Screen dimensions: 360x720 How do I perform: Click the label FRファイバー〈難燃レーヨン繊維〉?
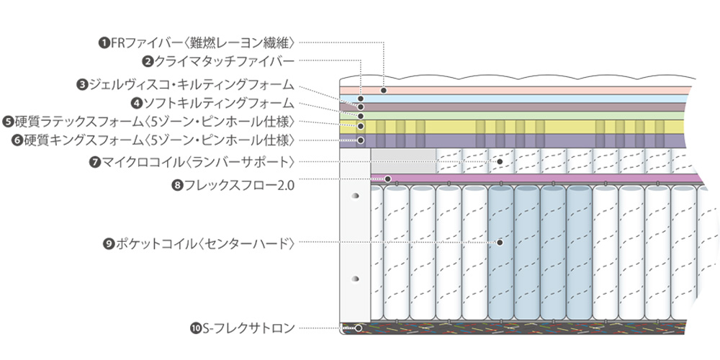pos(202,42)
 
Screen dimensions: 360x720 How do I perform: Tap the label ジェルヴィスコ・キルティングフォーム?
pos(191,84)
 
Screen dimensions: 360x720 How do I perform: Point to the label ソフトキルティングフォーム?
pos(217,103)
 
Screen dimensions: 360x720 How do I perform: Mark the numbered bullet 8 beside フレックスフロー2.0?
pos(177,185)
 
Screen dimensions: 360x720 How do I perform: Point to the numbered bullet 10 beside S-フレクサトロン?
pos(195,329)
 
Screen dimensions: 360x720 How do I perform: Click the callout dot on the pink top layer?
pos(384,90)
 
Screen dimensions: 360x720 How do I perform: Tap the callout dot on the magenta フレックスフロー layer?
pos(388,179)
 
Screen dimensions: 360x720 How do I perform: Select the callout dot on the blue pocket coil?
pos(499,243)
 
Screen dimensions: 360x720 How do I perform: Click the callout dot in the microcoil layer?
pos(500,161)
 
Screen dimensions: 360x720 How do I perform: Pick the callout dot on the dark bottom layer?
pos(359,328)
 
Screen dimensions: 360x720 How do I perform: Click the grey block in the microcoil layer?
pos(403,161)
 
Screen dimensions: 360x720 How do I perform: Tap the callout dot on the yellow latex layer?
pos(361,126)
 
